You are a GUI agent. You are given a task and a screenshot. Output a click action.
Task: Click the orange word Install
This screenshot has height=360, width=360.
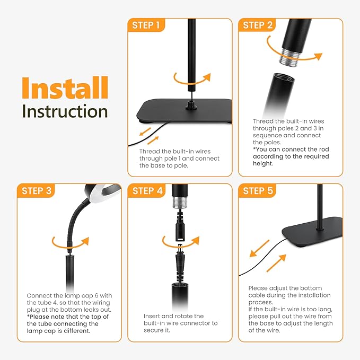pyautogui.click(x=65, y=87)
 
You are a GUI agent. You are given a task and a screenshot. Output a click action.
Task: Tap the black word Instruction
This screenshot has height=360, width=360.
pyautogui.click(x=65, y=111)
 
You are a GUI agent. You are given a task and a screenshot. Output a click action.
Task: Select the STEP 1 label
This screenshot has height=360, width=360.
pyautogui.click(x=146, y=25)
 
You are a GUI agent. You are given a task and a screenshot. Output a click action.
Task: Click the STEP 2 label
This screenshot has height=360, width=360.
pyautogui.click(x=258, y=25)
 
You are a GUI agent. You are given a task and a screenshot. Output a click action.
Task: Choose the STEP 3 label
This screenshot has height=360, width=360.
pyautogui.click(x=37, y=191)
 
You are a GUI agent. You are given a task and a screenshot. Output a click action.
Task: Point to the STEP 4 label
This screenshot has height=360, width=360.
pyautogui.click(x=147, y=191)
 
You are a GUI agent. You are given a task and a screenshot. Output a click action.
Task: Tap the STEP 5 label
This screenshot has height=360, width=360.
pyautogui.click(x=258, y=191)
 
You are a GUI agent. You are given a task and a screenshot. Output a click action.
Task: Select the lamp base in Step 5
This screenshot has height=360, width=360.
pyautogui.click(x=312, y=231)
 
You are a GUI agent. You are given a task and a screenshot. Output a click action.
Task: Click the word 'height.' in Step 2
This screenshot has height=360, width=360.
pyautogui.click(x=263, y=163)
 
